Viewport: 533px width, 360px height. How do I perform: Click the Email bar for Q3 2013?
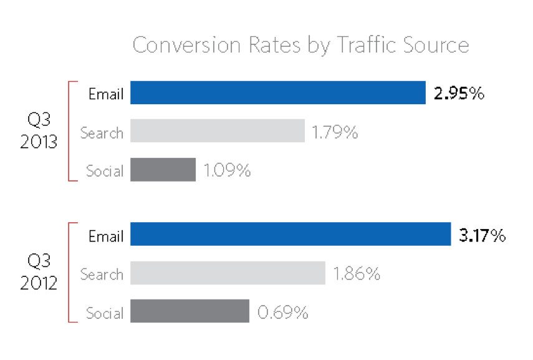tap(277, 93)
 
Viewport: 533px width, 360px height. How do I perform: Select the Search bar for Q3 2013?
tap(217, 131)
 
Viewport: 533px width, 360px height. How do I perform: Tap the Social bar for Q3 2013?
tap(163, 169)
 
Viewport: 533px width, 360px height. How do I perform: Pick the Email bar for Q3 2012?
tap(290, 235)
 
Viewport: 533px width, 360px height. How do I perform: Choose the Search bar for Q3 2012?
tap(228, 273)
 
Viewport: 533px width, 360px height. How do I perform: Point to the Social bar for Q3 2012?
tap(190, 311)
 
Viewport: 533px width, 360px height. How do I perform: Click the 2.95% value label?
tap(459, 94)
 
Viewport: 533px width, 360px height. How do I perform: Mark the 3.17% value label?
tap(481, 236)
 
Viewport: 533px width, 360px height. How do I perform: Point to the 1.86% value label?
tap(357, 275)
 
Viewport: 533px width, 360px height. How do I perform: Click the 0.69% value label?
tap(282, 313)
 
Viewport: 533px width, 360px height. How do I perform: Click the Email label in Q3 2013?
tap(106, 95)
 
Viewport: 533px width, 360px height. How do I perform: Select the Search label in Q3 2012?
tap(101, 275)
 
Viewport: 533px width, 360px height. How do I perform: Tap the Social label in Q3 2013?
tap(104, 170)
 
